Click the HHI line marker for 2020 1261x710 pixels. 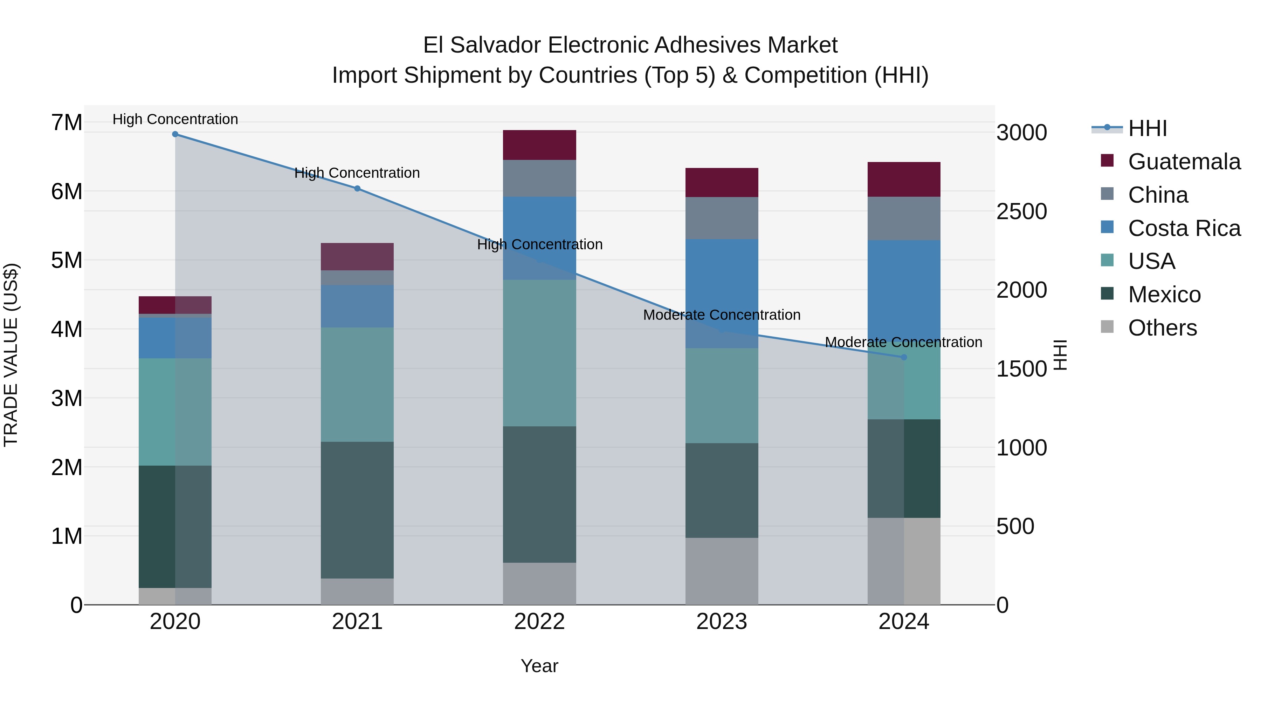pos(175,134)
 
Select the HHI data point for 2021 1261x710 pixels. pos(357,189)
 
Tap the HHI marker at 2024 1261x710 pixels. pos(904,357)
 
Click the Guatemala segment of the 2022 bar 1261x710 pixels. pos(539,145)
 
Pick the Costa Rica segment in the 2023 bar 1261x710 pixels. pos(722,293)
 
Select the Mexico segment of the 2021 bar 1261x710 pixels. pos(357,510)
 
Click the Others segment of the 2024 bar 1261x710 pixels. pos(904,561)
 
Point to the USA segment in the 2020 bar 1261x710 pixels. pos(175,412)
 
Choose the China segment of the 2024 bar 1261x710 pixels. pos(904,218)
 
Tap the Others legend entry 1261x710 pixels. pos(1162,328)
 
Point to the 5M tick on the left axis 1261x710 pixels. pos(67,260)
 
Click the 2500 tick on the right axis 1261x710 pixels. pos(1022,212)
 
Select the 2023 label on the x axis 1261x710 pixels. pos(722,622)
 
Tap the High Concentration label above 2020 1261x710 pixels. pos(175,120)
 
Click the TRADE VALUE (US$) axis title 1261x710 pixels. pos(11,355)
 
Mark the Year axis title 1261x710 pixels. pos(539,666)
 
